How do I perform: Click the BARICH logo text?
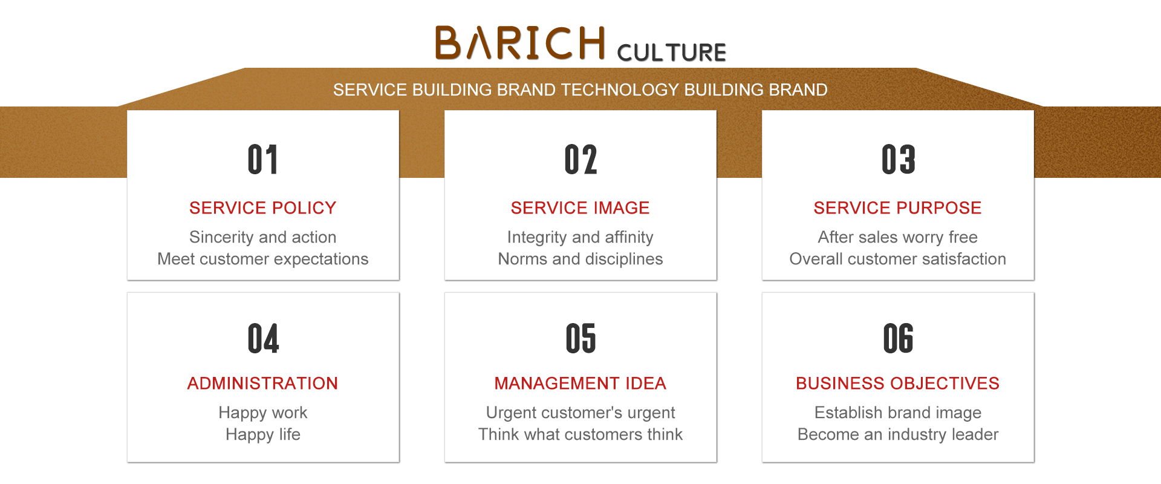520,43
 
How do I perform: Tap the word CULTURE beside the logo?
671,53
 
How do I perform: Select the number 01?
263,160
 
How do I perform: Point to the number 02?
580,160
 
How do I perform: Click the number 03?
898,160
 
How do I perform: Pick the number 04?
263,338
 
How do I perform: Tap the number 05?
580,338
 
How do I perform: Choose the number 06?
898,338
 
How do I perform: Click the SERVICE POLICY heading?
262,208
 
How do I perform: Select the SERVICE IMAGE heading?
580,208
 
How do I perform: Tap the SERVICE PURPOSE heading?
897,208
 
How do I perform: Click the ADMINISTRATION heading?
262,384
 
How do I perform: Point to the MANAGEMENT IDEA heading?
580,384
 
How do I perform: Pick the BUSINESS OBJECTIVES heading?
897,384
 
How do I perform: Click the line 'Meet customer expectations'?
262,260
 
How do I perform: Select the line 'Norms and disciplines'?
580,260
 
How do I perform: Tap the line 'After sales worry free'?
897,237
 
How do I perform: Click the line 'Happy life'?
263,435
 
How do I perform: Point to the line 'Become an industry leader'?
898,435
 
